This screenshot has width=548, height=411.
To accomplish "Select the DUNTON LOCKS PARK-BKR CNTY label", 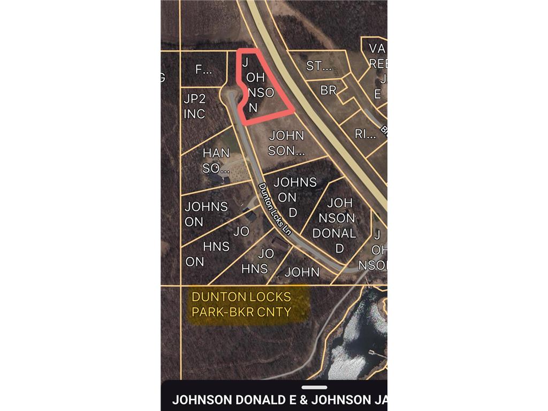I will tap(241, 304).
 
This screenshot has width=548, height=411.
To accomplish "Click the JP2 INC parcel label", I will tap(194, 106).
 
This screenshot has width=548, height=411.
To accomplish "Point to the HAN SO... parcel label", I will tap(216, 161).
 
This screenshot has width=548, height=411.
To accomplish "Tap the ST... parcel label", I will tap(319, 66).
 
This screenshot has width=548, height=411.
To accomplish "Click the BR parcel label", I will tap(328, 90).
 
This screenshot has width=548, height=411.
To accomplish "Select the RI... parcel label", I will tap(366, 134).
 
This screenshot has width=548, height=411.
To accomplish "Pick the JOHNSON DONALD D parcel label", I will tap(334, 226).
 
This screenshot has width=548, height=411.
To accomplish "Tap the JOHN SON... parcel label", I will tap(286, 143).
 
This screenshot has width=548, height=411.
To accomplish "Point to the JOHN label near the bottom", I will tap(302, 272).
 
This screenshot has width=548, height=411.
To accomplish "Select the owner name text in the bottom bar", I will tap(278, 400).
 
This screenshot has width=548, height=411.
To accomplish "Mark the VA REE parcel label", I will tap(378, 56).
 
